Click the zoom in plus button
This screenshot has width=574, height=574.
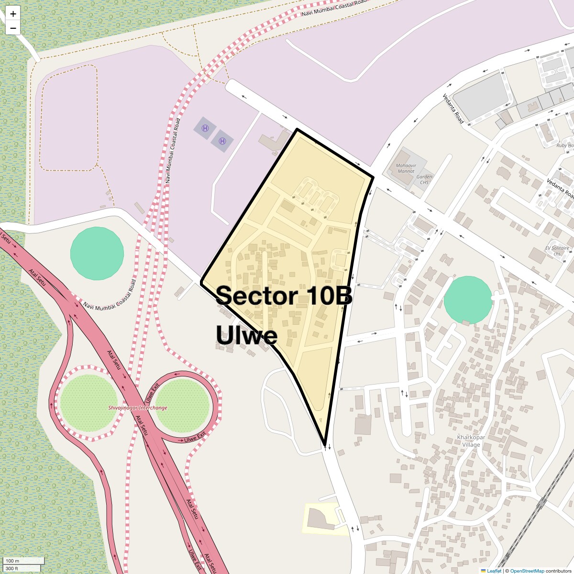(13, 13)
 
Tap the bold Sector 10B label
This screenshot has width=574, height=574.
(284, 296)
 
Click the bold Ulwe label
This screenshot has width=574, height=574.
(247, 335)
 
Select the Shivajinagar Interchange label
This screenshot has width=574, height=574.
(138, 408)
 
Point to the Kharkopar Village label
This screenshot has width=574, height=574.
(471, 441)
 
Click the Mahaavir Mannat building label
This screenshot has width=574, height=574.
(406, 168)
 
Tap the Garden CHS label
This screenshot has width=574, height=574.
(424, 179)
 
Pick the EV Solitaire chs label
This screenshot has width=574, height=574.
(557, 251)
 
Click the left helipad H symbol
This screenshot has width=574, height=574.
(205, 128)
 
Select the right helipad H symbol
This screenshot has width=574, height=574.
(222, 141)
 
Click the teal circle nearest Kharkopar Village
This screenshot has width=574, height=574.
(468, 300)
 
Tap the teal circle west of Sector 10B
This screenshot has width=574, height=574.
(97, 254)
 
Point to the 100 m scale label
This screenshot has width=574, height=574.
(13, 561)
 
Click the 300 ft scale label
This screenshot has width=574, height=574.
(12, 568)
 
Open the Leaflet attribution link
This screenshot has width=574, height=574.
(494, 571)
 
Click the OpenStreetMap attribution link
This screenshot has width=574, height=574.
(527, 571)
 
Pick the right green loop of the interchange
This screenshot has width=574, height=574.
(182, 405)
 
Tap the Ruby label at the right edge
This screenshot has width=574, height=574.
(564, 145)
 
